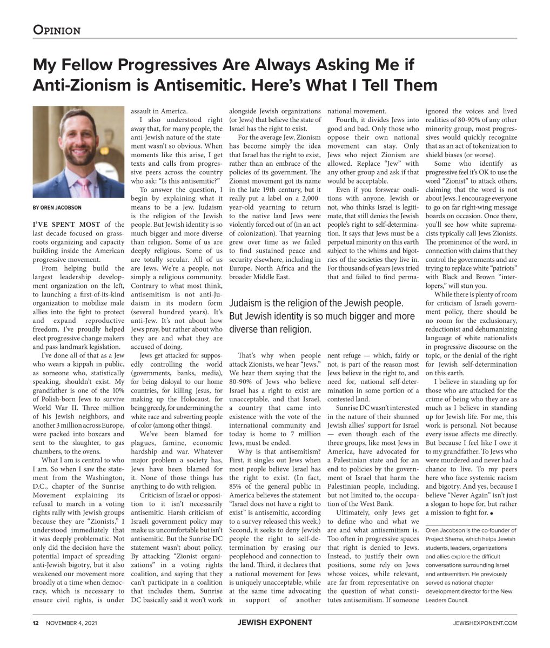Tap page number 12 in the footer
pyautogui.click(x=35, y=623)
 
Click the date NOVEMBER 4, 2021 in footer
pyautogui.click(x=72, y=623)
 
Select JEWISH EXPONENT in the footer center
pyautogui.click(x=274, y=623)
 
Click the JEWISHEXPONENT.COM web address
pyautogui.click(x=485, y=623)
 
